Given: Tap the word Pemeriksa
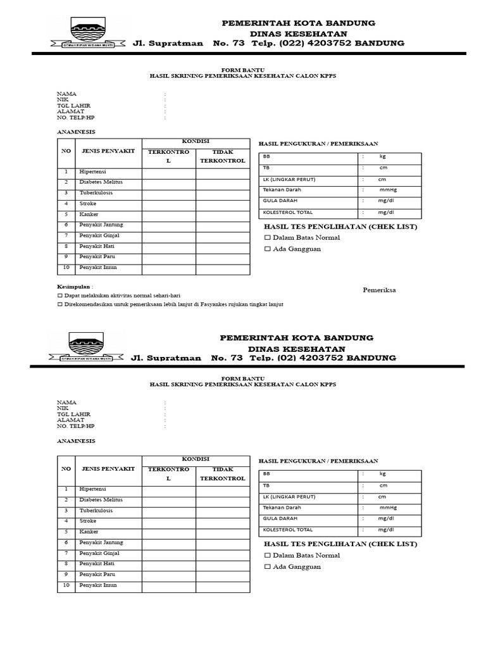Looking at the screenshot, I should tap(379, 290).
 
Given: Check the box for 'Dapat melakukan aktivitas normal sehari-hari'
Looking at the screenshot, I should tap(60, 296).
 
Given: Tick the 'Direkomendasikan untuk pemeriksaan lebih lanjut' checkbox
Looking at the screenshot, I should tap(60, 304).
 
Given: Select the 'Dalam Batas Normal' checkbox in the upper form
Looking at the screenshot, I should tap(267, 238).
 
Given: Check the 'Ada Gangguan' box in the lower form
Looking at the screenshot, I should tap(267, 567).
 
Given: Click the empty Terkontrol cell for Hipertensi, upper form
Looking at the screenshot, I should tap(168, 172).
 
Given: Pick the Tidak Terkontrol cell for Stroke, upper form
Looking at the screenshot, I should tap(223, 204).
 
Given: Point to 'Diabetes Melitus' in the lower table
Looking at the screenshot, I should tap(101, 500).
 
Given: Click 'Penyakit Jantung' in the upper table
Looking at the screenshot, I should tap(101, 225).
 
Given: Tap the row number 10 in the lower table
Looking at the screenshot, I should tap(66, 585).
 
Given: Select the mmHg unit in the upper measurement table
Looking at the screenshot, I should tap(388, 190).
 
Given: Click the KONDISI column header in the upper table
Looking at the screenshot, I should tap(196, 141).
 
